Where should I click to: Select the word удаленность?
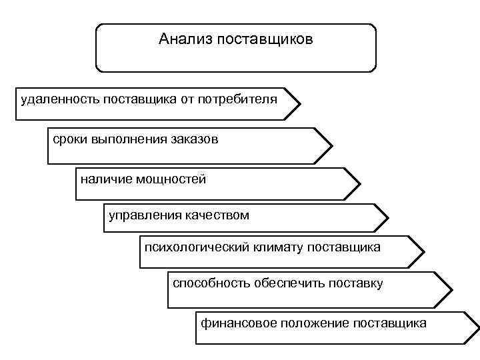point(60,99)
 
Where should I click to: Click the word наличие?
point(103,179)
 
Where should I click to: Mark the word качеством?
point(215,215)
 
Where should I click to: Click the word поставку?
point(356,283)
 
